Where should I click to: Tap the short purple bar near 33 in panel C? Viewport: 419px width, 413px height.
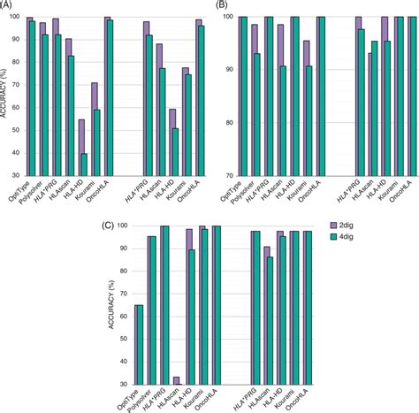(x=175, y=380)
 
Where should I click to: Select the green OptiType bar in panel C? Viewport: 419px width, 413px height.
(x=137, y=345)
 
